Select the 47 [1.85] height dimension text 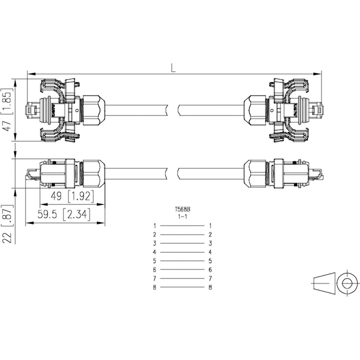[8, 110]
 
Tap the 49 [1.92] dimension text [72, 197]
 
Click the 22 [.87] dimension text [8, 224]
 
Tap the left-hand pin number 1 [154, 225]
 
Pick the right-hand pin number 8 [210, 287]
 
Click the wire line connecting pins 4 [182, 252]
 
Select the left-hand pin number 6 [154, 270]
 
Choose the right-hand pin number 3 [210, 243]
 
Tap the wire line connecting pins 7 [182, 278]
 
